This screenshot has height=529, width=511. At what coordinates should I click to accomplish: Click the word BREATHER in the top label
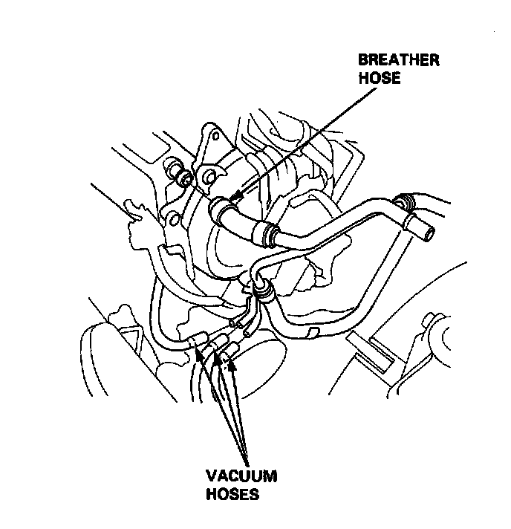point(399,61)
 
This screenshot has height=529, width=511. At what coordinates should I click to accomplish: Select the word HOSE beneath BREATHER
point(380,77)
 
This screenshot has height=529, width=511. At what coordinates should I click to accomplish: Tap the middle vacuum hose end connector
point(218,343)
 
